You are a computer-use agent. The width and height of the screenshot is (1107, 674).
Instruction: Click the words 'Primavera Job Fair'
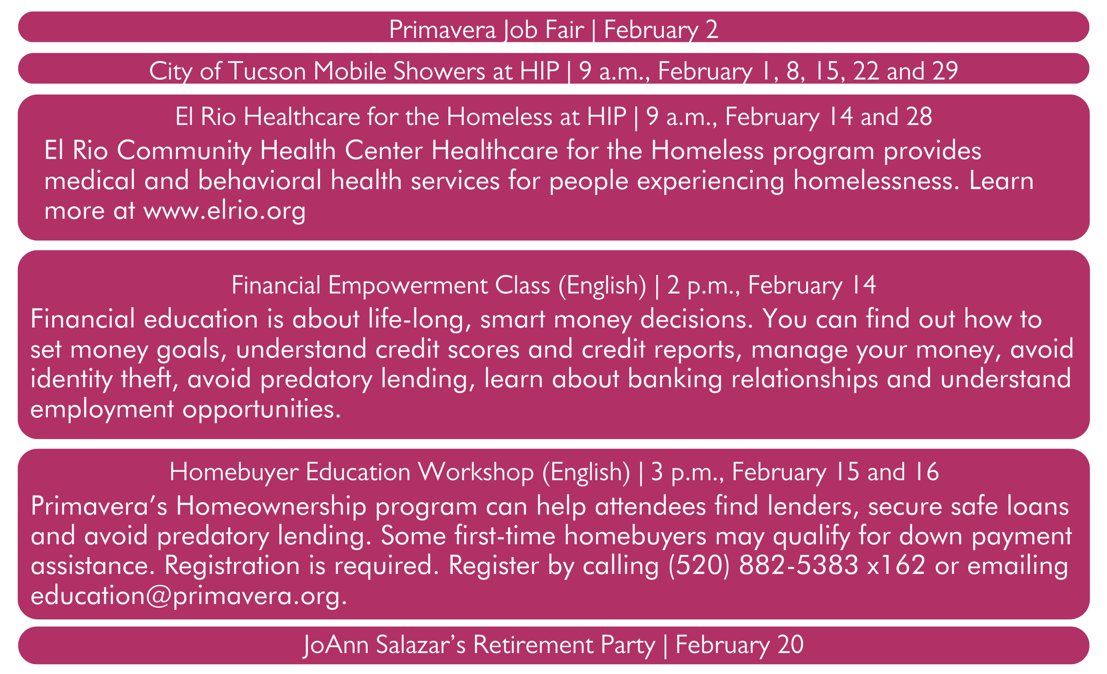[487, 29]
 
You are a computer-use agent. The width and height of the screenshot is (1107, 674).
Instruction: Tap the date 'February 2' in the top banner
[661, 29]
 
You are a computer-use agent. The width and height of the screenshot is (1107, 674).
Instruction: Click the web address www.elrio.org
[224, 211]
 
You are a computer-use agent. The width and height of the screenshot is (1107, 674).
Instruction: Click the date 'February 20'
[739, 645]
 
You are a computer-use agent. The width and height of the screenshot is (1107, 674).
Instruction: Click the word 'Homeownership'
[271, 507]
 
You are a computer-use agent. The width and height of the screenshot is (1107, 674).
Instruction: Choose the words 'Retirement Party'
[564, 645]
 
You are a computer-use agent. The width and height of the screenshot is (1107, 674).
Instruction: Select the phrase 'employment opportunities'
[182, 409]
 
